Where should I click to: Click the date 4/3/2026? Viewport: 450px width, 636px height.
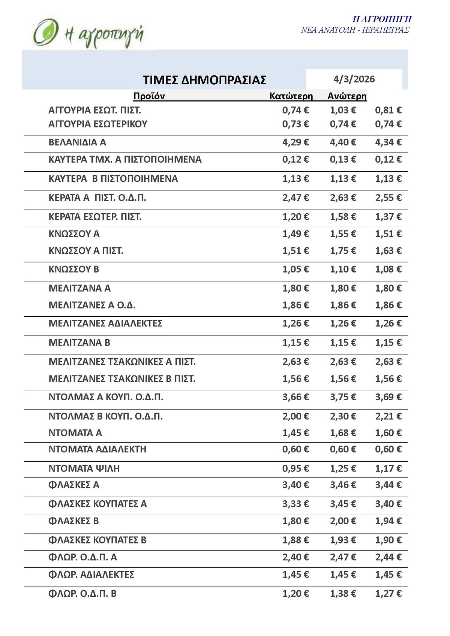(354, 79)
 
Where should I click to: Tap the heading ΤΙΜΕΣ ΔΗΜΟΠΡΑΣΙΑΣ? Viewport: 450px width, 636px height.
(204, 80)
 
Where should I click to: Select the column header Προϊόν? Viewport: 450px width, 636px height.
(149, 96)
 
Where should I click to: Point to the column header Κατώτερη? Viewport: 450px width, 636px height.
(291, 96)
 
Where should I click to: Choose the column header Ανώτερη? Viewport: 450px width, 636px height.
(347, 96)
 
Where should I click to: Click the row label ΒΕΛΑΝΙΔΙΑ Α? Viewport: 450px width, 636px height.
(77, 142)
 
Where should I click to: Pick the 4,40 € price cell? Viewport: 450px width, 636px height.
(343, 142)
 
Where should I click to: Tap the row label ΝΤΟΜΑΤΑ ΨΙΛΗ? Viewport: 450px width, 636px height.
(84, 468)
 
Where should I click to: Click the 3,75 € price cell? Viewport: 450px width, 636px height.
(343, 397)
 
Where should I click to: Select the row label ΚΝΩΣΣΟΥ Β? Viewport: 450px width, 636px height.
(74, 269)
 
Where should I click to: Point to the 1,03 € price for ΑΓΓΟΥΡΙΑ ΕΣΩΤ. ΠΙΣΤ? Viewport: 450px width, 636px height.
(343, 110)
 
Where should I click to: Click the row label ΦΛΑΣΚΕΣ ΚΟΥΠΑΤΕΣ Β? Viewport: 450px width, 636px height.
(97, 540)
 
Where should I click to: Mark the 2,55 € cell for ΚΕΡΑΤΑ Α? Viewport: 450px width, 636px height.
(388, 198)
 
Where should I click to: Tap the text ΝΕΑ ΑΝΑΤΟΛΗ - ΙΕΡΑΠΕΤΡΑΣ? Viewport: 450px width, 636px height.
(355, 30)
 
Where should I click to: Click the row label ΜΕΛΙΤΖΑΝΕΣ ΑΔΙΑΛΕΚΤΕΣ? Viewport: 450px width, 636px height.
(105, 323)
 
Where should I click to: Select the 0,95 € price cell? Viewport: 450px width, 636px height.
(295, 468)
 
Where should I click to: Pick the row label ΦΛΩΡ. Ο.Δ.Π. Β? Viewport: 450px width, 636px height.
(82, 594)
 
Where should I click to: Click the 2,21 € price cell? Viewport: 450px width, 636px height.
(388, 416)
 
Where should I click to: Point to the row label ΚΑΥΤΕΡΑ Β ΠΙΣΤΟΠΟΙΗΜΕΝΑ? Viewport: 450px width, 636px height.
(113, 179)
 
